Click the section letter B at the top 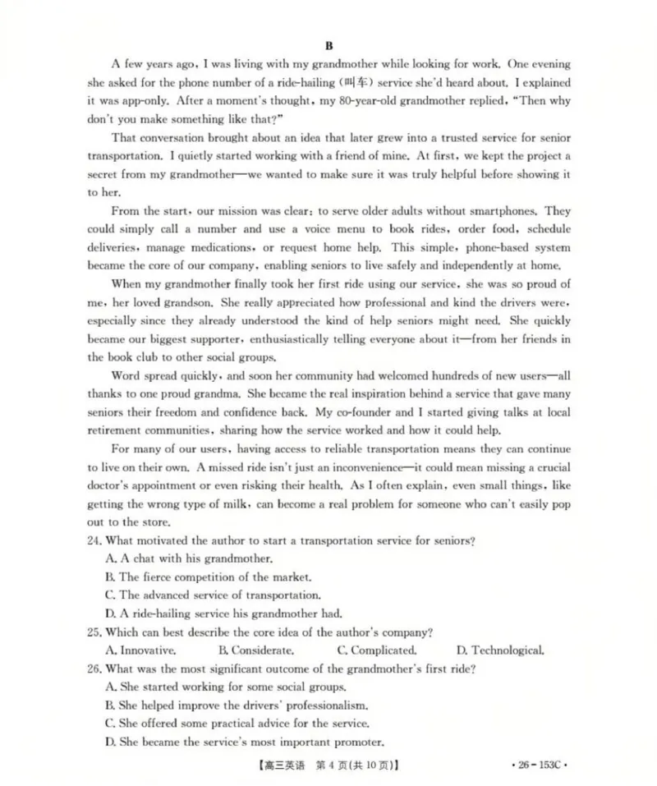pos(328,45)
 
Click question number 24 pos(95,540)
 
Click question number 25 pos(95,632)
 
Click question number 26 pos(95,669)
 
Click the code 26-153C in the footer pos(538,765)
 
